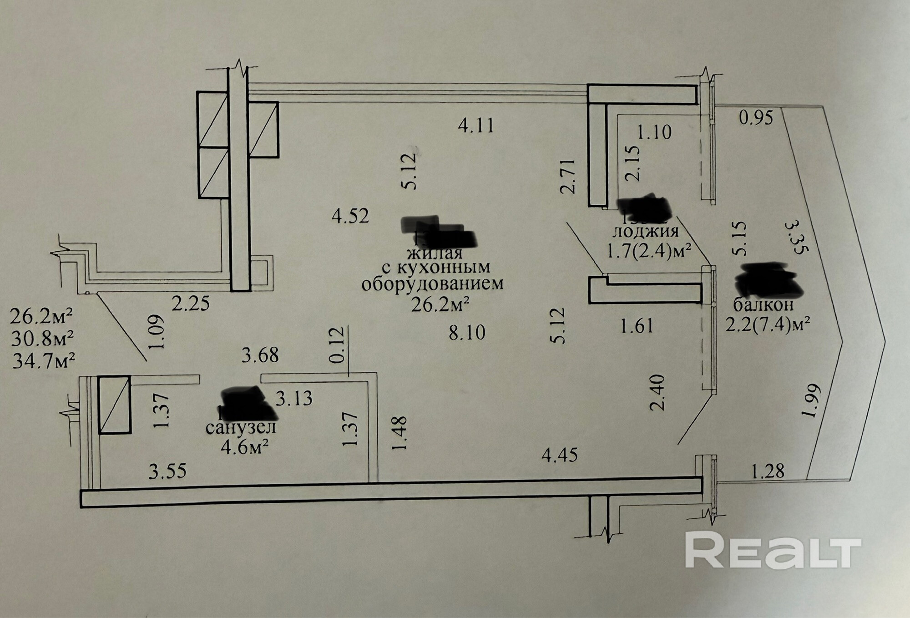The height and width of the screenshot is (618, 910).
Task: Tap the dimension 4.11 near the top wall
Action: tap(476, 125)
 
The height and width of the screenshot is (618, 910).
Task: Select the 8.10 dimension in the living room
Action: tap(467, 333)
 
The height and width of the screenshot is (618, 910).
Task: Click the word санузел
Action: tap(241, 428)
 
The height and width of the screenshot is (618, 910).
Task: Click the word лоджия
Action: tap(646, 232)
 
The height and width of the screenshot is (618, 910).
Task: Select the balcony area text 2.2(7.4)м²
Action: tap(768, 325)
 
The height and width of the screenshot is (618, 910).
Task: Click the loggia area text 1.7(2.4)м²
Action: tap(647, 251)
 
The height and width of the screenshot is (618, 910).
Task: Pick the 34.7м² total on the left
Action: tap(43, 361)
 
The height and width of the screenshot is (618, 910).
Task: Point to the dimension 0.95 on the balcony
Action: tap(756, 118)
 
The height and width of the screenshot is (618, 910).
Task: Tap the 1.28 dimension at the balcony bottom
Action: tap(768, 471)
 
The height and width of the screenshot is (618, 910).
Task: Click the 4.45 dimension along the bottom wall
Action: tap(560, 455)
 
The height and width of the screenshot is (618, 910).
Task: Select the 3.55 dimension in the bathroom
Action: tap(167, 471)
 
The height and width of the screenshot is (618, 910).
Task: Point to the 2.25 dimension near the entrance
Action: tap(191, 303)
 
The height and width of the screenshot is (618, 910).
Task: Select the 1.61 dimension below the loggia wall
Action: tap(637, 326)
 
